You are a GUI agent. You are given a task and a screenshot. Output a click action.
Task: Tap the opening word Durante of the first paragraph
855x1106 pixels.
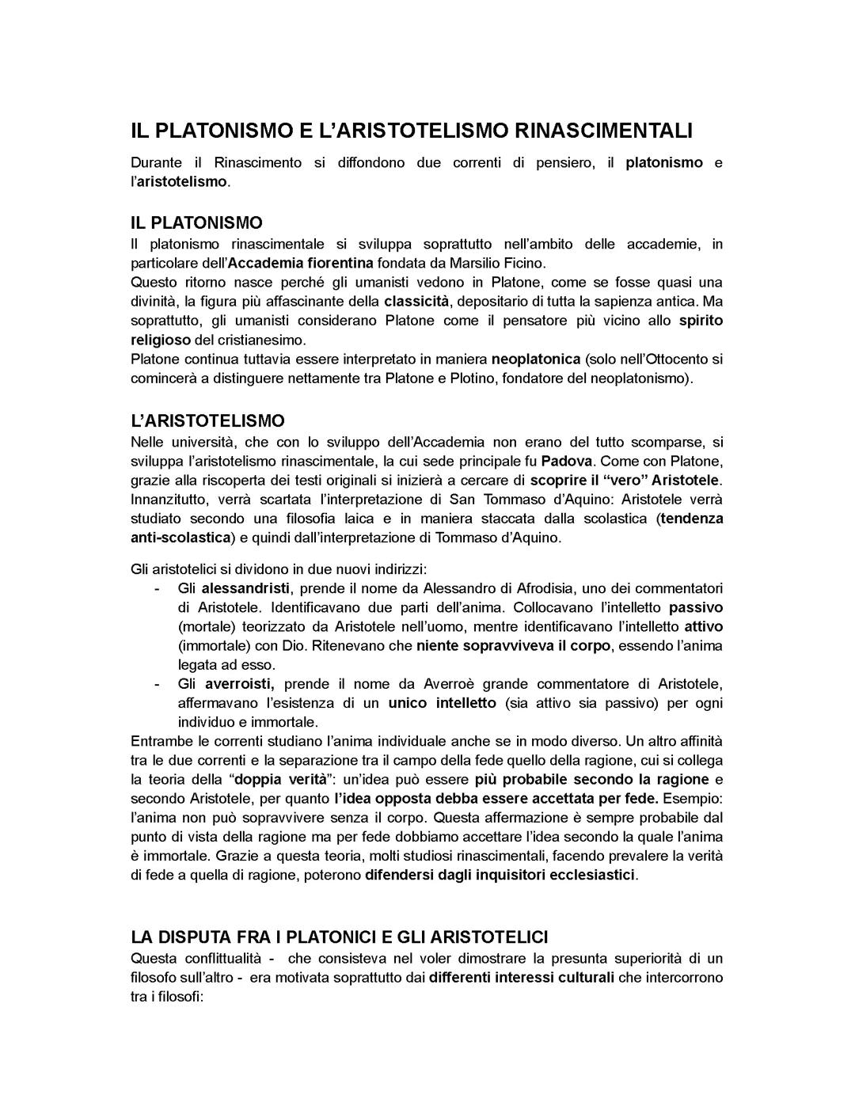click(157, 162)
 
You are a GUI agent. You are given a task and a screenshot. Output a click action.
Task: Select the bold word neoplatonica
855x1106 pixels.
click(536, 359)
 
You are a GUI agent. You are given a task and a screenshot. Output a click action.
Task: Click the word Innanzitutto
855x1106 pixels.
click(171, 500)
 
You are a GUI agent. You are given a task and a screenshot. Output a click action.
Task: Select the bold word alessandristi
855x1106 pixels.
click(246, 588)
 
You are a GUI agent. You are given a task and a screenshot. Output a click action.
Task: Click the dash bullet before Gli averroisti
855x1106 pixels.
click(158, 684)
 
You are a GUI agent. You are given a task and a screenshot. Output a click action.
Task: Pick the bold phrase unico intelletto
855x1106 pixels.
click(442, 703)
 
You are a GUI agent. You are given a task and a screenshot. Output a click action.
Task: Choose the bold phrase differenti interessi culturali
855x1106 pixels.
click(522, 977)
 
